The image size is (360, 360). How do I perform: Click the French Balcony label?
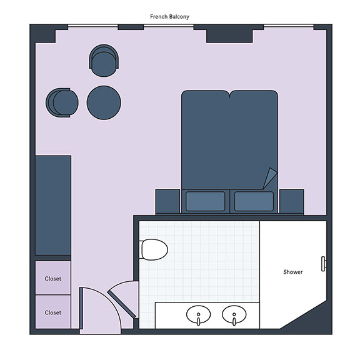pyautogui.click(x=169, y=16)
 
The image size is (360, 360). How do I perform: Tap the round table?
pyautogui.click(x=104, y=102)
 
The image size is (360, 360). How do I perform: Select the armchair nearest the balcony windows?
pyautogui.click(x=104, y=61)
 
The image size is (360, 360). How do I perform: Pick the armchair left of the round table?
pyautogui.click(x=62, y=102)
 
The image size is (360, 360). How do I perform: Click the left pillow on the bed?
pyautogui.click(x=205, y=201)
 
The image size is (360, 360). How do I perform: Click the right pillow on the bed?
pyautogui.click(x=254, y=201)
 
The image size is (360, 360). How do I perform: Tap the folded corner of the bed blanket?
pyautogui.click(x=270, y=178)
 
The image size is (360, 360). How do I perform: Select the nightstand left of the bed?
pyautogui.click(x=168, y=202)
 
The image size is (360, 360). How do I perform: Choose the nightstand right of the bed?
pyautogui.click(x=292, y=202)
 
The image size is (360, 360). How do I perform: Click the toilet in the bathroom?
pyautogui.click(x=153, y=249)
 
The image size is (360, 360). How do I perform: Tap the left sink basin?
pyautogui.click(x=198, y=314)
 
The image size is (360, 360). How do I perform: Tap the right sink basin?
pyautogui.click(x=234, y=314)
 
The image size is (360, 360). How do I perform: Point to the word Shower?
pyautogui.click(x=293, y=272)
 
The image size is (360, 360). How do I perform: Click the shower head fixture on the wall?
pyautogui.click(x=324, y=264)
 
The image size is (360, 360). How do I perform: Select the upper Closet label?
pyautogui.click(x=53, y=279)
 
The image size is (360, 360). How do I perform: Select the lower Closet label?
pyautogui.click(x=53, y=312)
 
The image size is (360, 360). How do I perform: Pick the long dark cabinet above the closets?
pyautogui.click(x=53, y=205)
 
